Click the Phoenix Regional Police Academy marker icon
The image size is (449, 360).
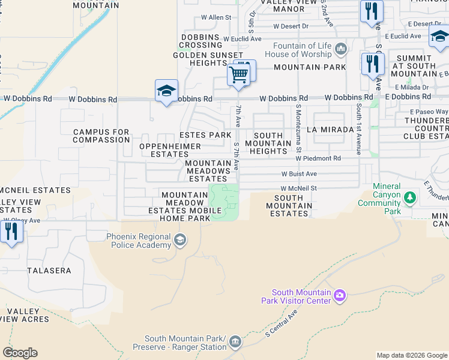click(179, 241)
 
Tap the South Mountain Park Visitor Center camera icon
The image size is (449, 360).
click(340, 295)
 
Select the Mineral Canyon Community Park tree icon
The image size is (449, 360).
click(410, 197)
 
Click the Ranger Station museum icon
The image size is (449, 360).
click(235, 342)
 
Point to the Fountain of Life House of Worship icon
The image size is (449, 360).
click(341, 49)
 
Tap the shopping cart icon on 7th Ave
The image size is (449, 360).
click(238, 75)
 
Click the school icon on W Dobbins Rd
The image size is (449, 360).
click(166, 91)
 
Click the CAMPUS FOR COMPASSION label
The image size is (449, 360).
click(101, 136)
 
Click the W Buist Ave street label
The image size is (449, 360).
click(299, 174)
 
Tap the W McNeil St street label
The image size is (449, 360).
click(298, 188)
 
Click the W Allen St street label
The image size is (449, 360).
click(216, 18)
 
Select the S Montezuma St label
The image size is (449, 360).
click(298, 128)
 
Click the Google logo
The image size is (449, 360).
click(20, 353)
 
